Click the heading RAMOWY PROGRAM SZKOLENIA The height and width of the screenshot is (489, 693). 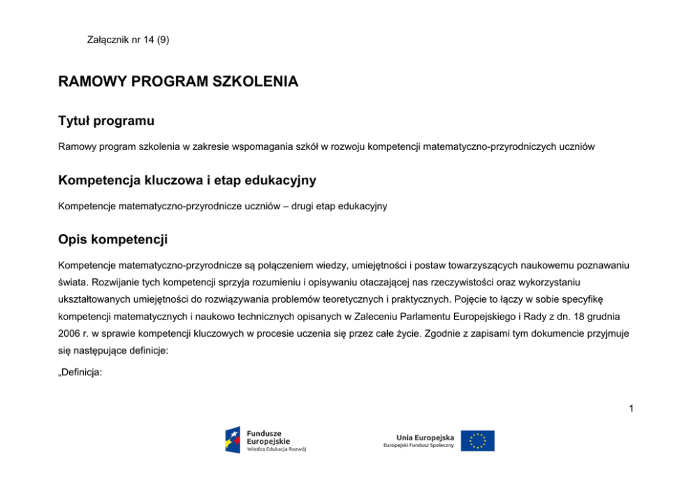pos(178,82)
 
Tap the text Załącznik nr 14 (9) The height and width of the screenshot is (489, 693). pos(128,40)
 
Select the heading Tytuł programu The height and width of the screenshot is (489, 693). pos(106,121)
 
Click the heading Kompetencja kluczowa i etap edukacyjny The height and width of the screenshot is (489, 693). pos(187,181)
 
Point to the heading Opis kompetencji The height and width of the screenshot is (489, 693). pos(112,240)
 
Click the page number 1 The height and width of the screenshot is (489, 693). pos(631,408)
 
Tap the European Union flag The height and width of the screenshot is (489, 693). pos(477,441)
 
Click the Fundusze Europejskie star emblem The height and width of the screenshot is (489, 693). pos(233,440)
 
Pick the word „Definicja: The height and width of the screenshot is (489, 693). pos(80,373)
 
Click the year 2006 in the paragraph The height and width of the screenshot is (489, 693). pos(71,333)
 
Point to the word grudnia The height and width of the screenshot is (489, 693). pos(613,316)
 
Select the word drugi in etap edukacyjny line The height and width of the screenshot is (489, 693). pos(300,206)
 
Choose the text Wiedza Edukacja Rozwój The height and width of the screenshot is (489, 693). pos(277,449)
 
